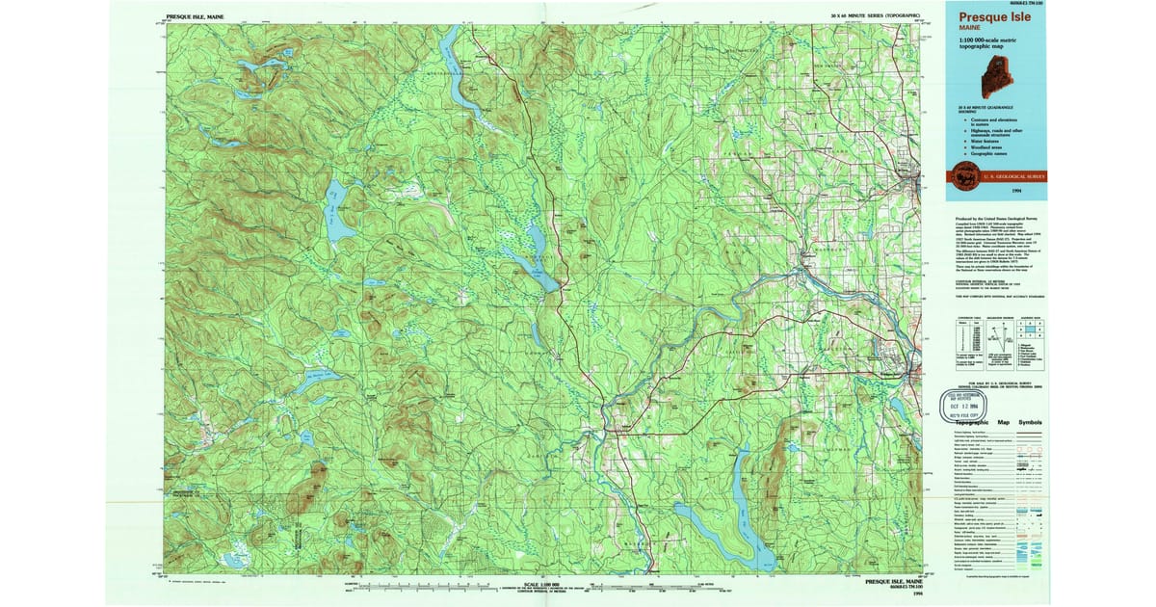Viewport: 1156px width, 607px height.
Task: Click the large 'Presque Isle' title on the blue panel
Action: coord(995,16)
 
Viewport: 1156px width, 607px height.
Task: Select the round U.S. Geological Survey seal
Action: coord(964,174)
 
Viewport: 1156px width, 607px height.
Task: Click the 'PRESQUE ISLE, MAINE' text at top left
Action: coord(197,16)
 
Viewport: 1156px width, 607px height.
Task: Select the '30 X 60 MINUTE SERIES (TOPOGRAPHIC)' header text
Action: coord(876,16)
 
